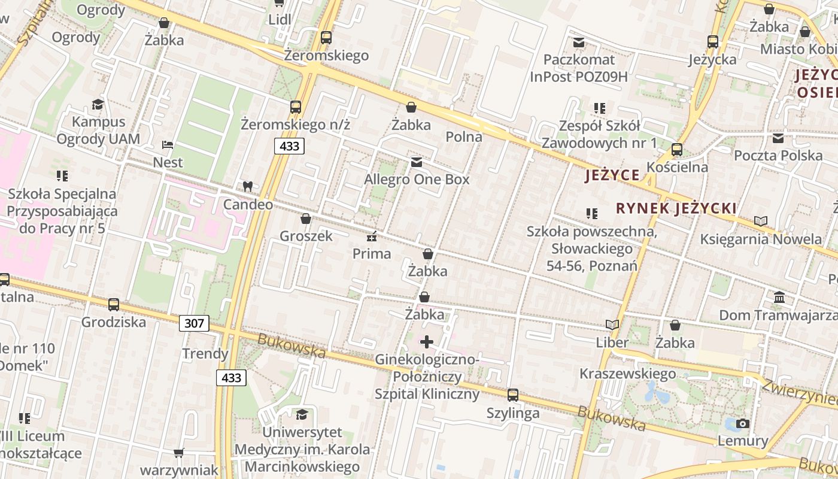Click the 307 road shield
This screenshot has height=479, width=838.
(x=194, y=324)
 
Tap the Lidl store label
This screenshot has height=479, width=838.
(x=280, y=19)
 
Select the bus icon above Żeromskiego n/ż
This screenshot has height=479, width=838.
(x=296, y=107)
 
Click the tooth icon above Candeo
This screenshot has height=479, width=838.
(x=247, y=186)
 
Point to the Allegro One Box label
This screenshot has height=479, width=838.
(x=417, y=179)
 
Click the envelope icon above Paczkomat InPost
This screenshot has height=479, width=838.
(x=579, y=43)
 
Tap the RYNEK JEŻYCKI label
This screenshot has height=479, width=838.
(x=676, y=208)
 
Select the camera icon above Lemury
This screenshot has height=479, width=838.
(x=743, y=423)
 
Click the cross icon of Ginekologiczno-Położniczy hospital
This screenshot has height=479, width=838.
(x=427, y=342)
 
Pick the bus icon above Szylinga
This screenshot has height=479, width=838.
(x=513, y=395)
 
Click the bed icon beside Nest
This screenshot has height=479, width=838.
(x=168, y=145)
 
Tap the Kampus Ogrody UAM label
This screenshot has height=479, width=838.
(x=98, y=131)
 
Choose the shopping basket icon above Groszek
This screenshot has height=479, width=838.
(x=306, y=219)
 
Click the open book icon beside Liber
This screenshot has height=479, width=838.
(x=612, y=325)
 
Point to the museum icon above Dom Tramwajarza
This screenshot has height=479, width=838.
(x=779, y=297)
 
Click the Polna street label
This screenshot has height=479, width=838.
(x=464, y=137)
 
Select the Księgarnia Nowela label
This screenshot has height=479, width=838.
(x=761, y=239)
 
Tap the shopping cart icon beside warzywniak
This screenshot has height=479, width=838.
(x=178, y=453)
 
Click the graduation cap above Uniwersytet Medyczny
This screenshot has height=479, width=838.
(x=302, y=414)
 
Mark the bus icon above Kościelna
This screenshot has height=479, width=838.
(x=677, y=149)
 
